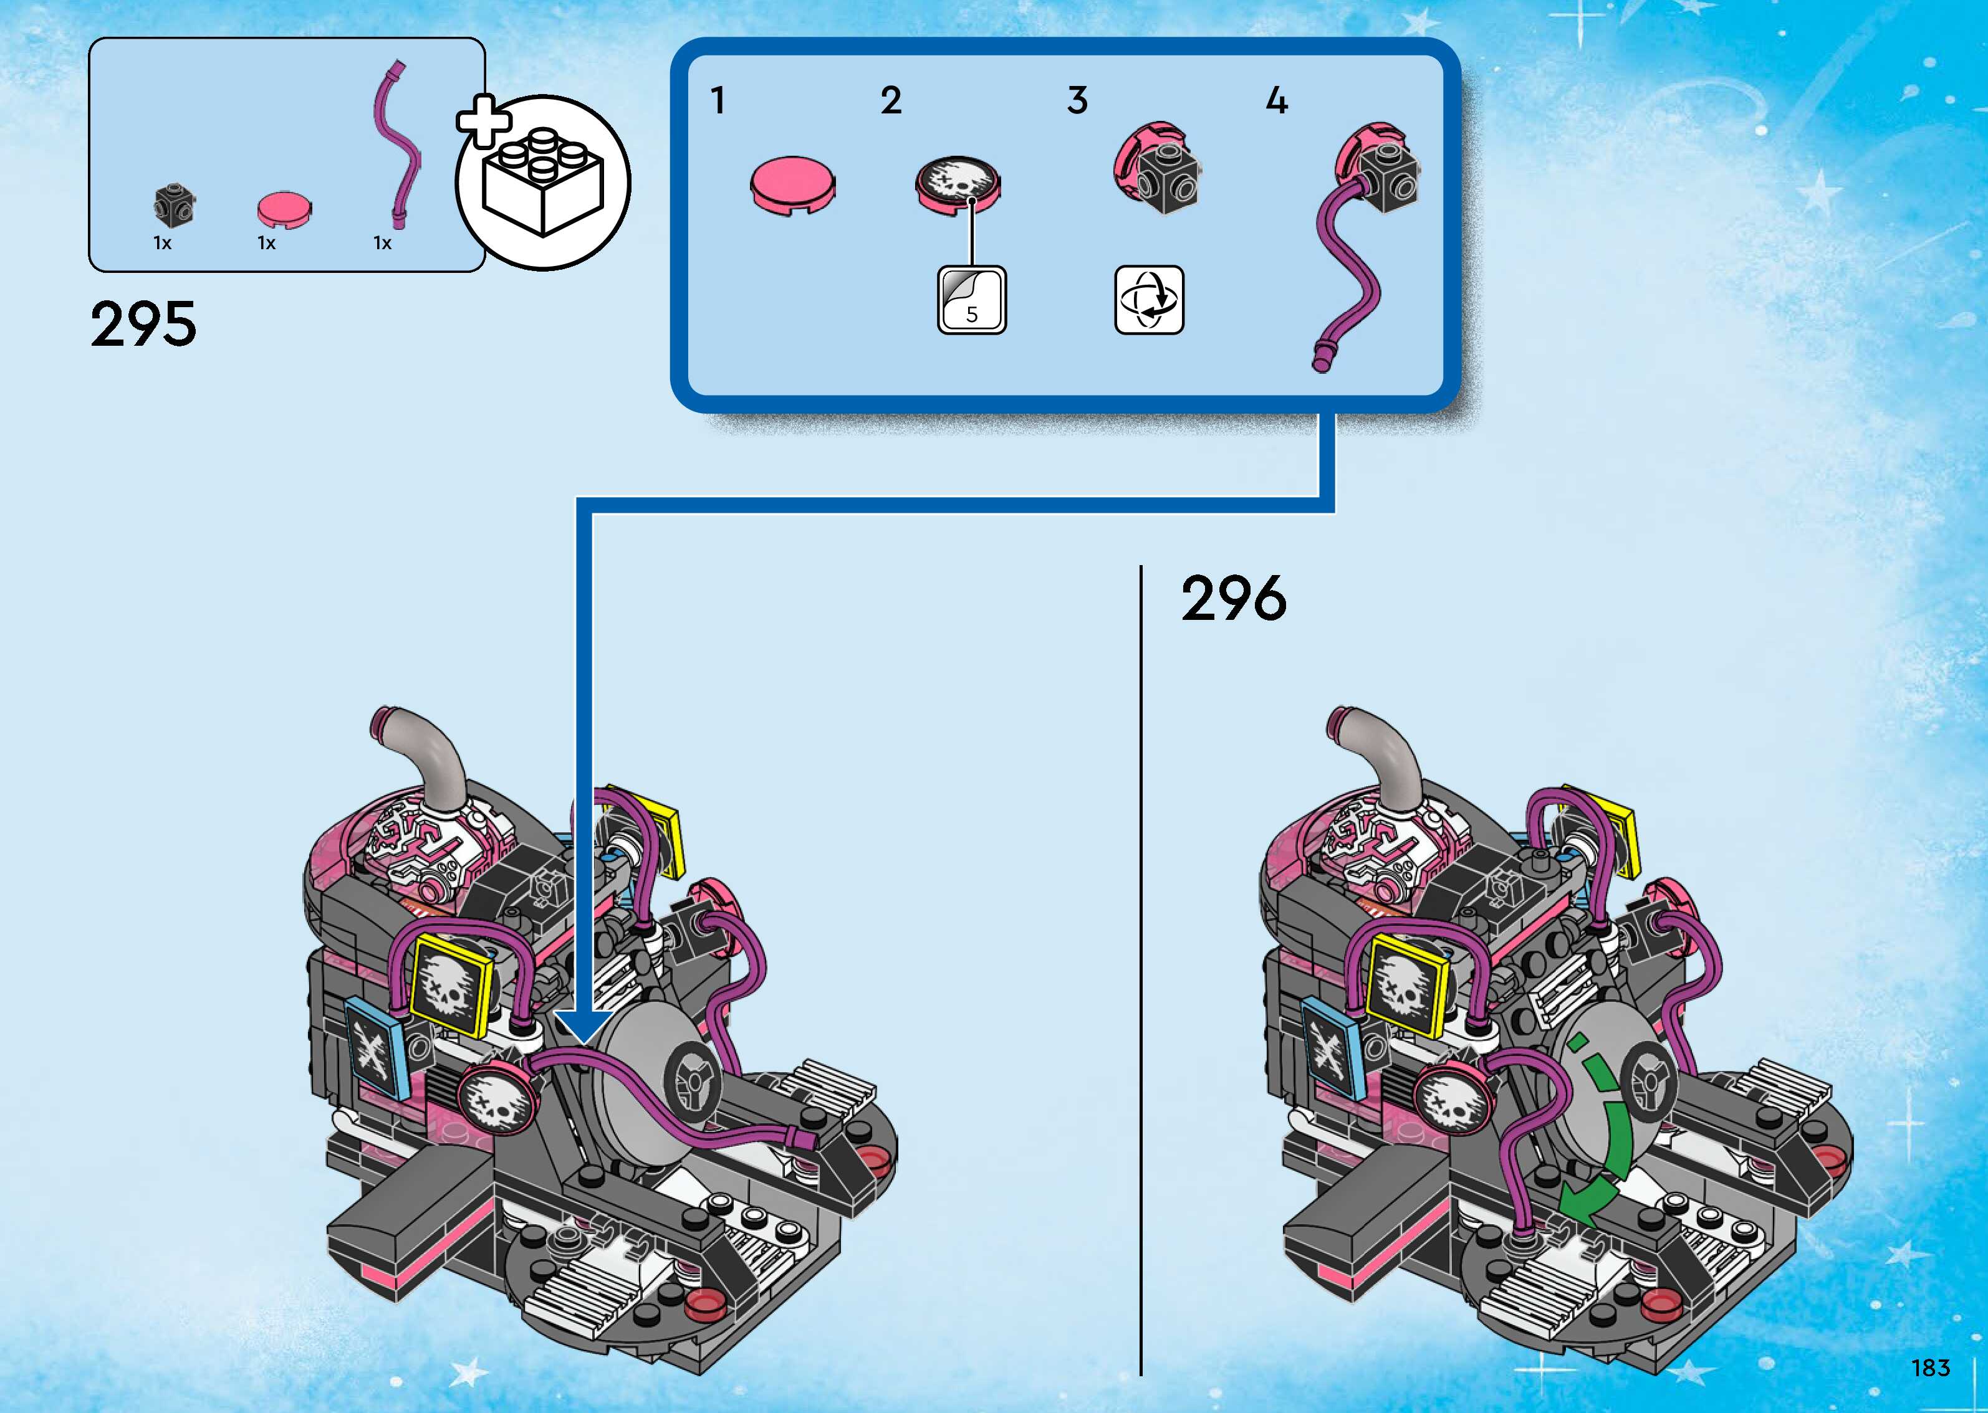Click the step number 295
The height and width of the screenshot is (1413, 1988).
(x=143, y=324)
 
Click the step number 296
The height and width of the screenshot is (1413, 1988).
(x=1233, y=599)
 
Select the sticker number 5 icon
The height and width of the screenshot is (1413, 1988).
(x=971, y=300)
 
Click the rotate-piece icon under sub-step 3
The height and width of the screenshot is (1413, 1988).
(x=1149, y=300)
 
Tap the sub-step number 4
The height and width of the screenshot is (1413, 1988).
(x=1276, y=101)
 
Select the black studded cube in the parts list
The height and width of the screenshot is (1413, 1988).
(x=174, y=204)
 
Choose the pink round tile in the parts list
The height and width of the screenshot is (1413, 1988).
(x=284, y=209)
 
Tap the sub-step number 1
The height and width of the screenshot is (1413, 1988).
(x=717, y=101)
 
